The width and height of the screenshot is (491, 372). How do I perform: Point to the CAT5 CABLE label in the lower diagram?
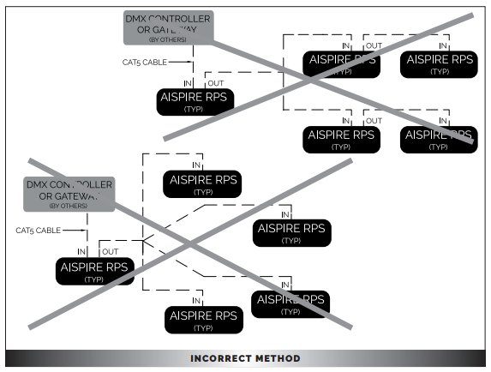click(39, 230)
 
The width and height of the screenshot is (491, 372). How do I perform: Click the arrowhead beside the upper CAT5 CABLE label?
click(186, 62)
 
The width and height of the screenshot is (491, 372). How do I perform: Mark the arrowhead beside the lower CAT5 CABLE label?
click(81, 230)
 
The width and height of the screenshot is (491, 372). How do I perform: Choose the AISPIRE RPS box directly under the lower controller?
click(94, 271)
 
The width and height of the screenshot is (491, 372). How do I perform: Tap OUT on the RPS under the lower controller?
click(110, 251)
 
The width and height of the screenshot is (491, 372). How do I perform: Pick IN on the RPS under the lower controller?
click(81, 251)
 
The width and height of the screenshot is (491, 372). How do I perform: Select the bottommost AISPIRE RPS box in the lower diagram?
click(203, 319)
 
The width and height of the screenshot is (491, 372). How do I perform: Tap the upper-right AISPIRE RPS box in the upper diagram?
click(438, 63)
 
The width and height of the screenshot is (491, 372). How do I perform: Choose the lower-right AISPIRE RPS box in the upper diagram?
click(438, 139)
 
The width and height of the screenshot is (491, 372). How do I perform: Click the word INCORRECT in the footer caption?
click(220, 358)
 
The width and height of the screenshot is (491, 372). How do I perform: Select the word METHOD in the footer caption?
click(276, 358)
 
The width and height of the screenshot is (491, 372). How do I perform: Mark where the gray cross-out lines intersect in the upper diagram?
click(319, 76)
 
